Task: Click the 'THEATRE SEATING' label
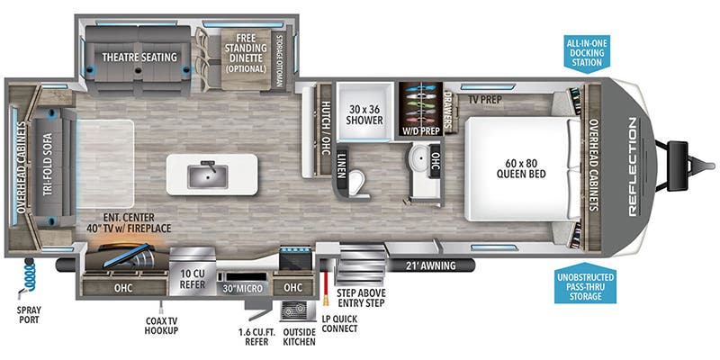pyautogui.click(x=139, y=58)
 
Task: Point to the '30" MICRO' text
pyautogui.click(x=243, y=289)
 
